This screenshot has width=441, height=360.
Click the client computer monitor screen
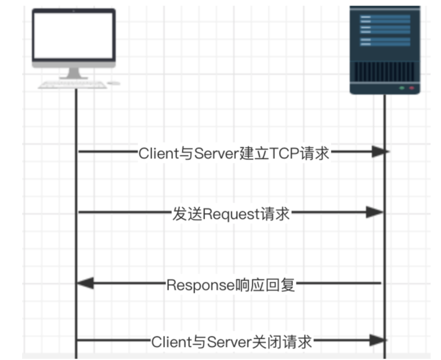(x=73, y=35)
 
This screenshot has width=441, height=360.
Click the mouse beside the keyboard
(x=113, y=83)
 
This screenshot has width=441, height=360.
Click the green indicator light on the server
(x=401, y=88)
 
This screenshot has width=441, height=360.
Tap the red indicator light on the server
(x=412, y=88)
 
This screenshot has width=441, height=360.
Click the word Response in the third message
(x=200, y=285)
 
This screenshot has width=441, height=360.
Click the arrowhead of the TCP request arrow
(x=380, y=152)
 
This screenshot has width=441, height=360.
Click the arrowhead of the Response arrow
(x=85, y=284)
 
